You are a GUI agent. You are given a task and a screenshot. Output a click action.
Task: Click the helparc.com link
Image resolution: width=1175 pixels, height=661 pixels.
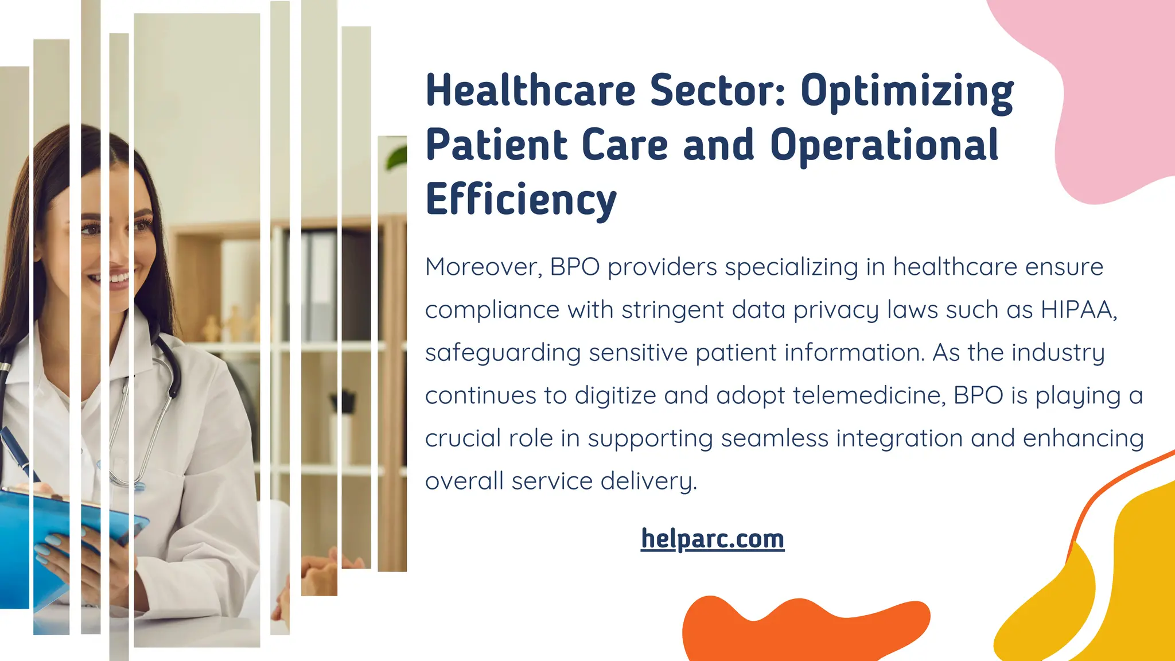[712, 539]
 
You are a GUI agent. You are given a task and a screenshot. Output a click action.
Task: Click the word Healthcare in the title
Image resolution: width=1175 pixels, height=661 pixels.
[531, 91]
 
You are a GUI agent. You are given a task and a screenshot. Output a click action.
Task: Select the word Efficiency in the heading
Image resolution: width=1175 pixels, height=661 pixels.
[521, 200]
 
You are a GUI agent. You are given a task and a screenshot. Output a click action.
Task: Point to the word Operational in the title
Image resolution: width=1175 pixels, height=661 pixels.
[884, 145]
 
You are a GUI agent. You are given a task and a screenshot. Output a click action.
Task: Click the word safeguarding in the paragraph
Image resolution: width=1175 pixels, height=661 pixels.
[503, 353]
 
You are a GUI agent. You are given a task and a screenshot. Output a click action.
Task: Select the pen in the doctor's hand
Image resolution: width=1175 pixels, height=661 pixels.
[17, 453]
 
